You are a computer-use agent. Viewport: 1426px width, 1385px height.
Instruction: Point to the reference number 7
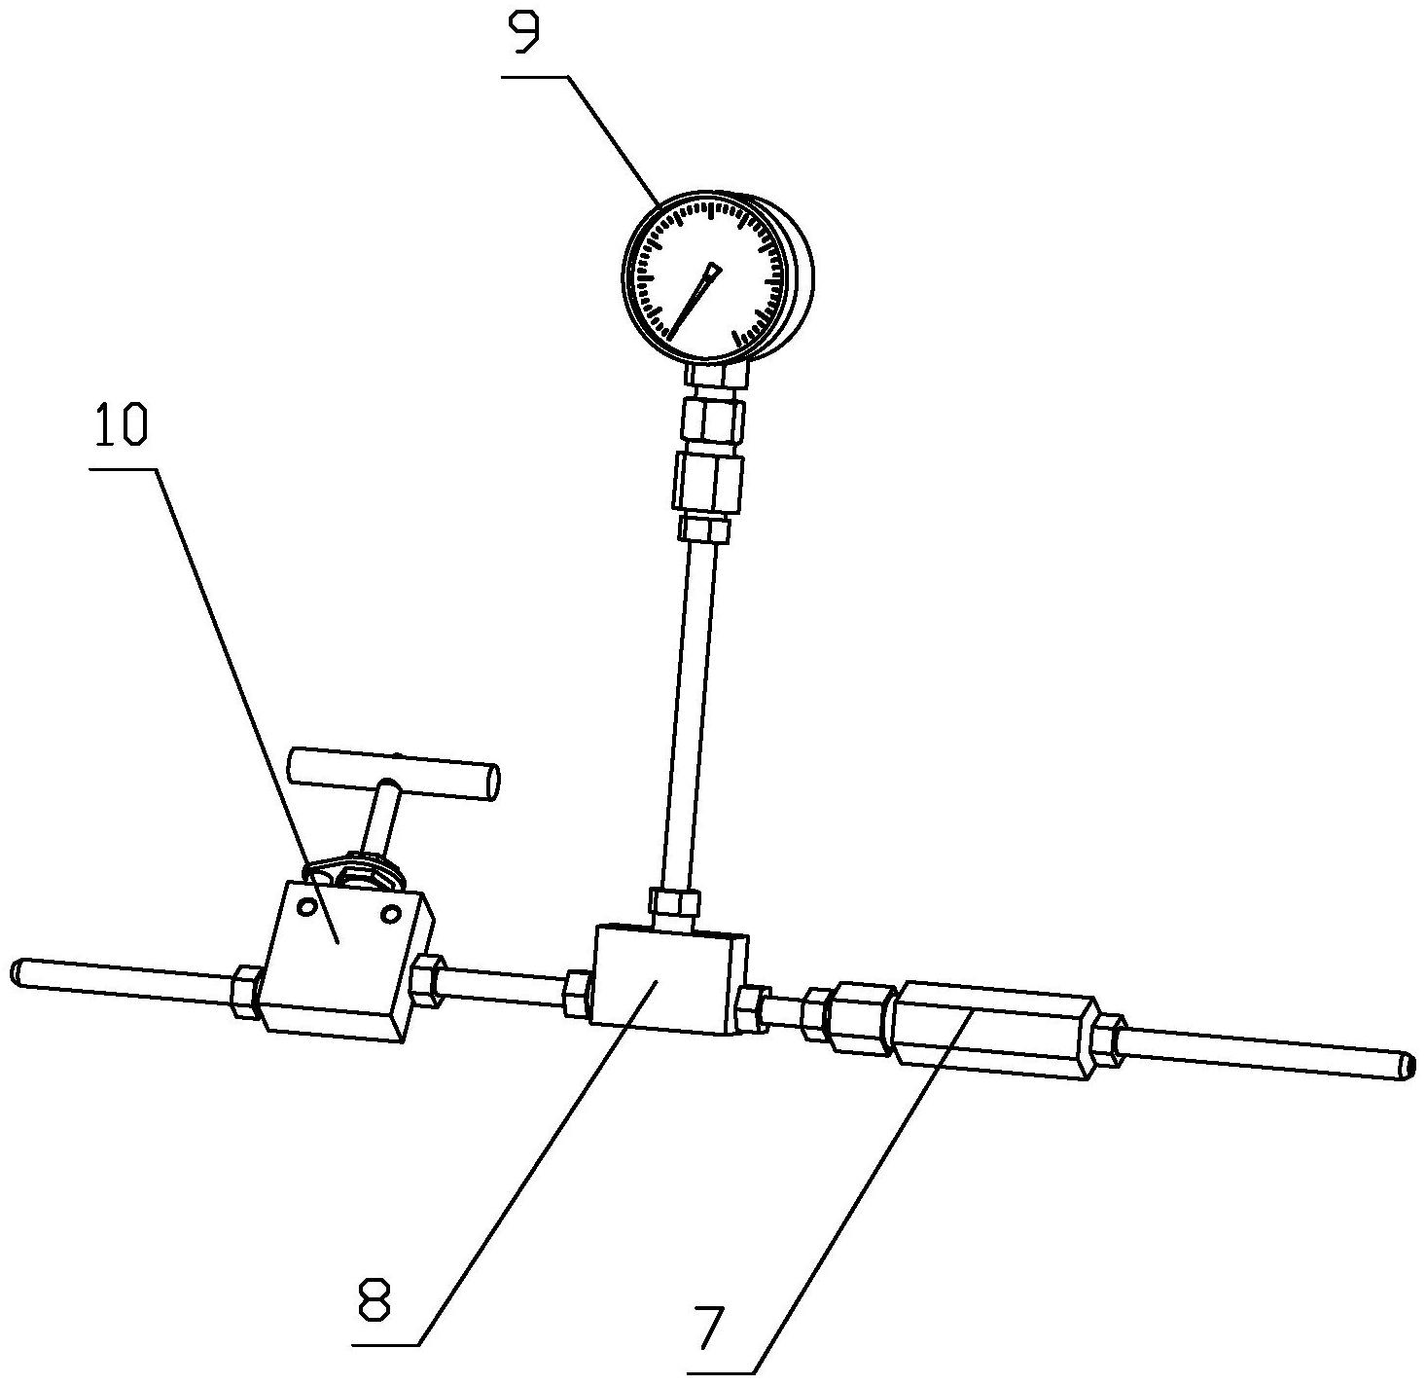[711, 1328]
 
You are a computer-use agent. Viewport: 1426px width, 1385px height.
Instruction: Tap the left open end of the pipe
[18, 971]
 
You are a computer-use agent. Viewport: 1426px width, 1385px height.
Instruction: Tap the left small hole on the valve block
[308, 906]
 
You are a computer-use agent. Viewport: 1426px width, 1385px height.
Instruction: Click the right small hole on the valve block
[391, 914]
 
